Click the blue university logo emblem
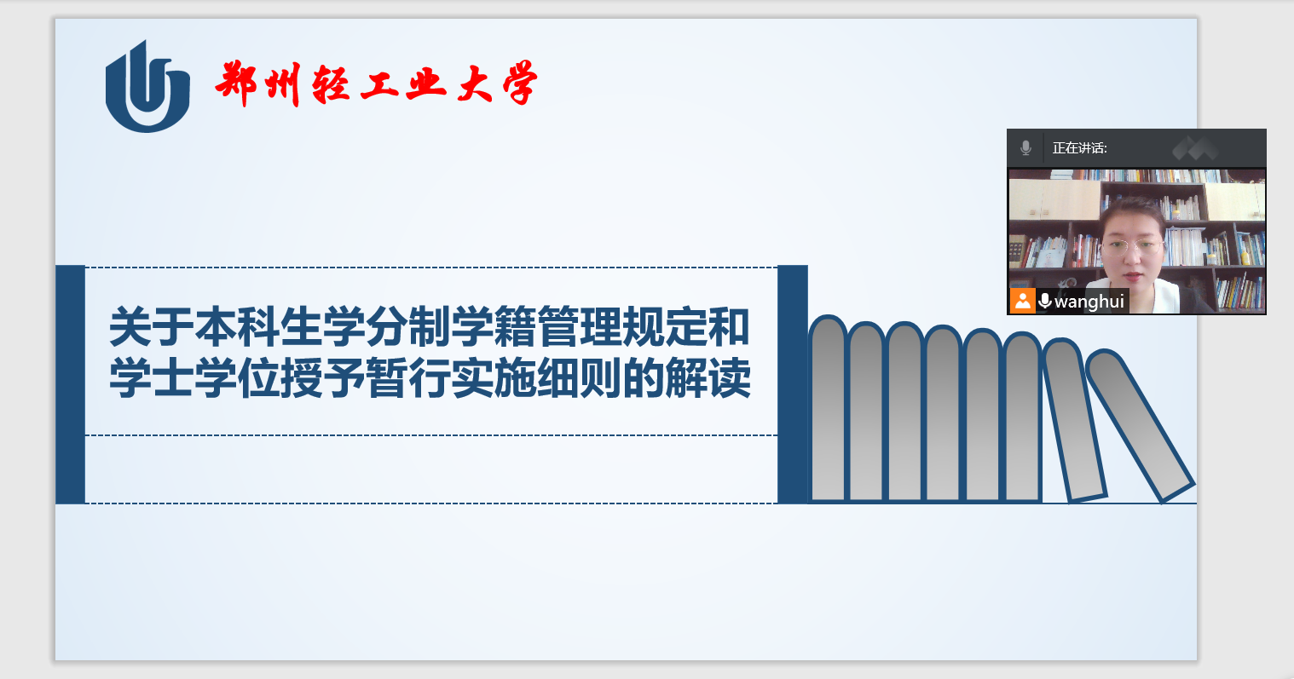click(147, 87)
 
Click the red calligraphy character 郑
click(236, 83)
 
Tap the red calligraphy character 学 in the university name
click(521, 83)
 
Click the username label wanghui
click(1089, 302)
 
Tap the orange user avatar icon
click(1022, 301)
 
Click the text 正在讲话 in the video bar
click(1079, 148)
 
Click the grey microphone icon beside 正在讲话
click(1026, 148)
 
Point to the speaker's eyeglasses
click(1132, 247)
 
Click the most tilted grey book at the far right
click(1140, 425)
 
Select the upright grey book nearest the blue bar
click(828, 408)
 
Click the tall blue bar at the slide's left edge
click(70, 384)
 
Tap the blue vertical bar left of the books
click(793, 384)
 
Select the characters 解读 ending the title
click(708, 377)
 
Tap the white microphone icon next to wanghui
click(1044, 301)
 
